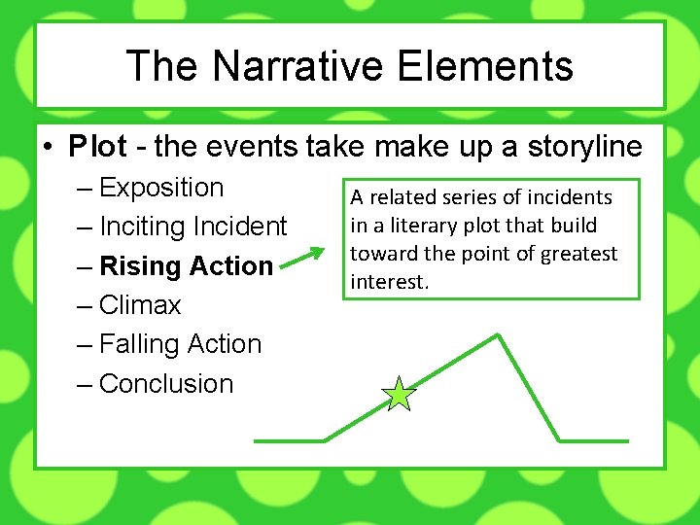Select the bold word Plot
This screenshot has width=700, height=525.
(x=97, y=147)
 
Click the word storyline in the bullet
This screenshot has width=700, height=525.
(x=584, y=147)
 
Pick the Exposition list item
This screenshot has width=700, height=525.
(x=161, y=188)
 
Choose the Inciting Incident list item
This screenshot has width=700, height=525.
(x=193, y=227)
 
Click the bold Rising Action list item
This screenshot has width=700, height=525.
(x=187, y=266)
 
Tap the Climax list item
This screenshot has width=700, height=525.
(x=140, y=305)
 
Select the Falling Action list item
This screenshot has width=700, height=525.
(x=181, y=344)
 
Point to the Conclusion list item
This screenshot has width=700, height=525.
(x=166, y=384)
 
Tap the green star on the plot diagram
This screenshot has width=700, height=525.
(x=400, y=395)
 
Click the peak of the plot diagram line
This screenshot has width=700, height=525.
(x=498, y=335)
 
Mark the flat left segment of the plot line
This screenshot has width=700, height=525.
(x=289, y=440)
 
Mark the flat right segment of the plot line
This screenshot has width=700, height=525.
(x=593, y=440)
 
